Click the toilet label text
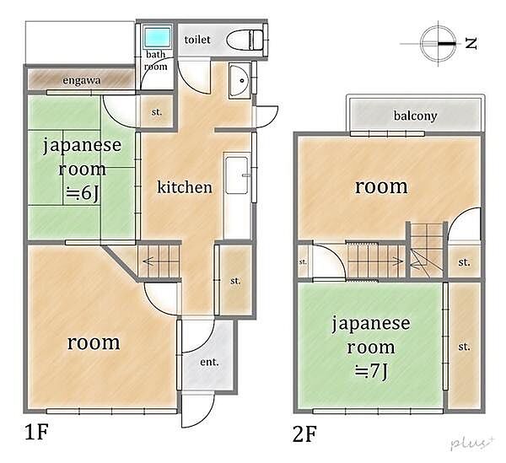click(196, 40)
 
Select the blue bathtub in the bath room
click(156, 37)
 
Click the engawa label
click(82, 81)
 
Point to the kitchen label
click(185, 187)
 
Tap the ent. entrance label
click(209, 363)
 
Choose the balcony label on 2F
click(415, 116)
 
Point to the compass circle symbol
click(439, 41)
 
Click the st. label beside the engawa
click(157, 112)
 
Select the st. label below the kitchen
click(235, 279)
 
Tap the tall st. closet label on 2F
click(463, 347)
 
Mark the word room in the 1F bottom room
click(94, 343)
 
